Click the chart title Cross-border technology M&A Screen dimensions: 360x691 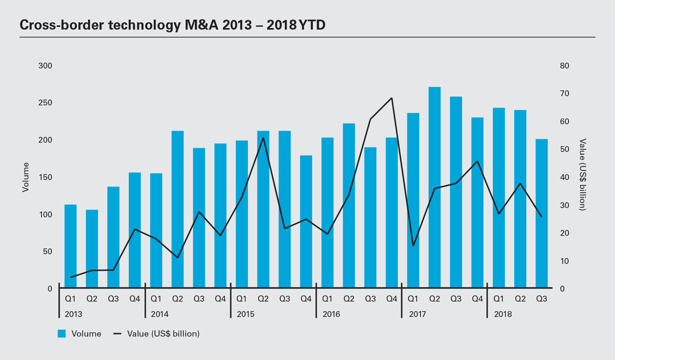point(172,25)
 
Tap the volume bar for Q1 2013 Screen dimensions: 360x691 point(70,246)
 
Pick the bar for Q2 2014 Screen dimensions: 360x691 point(178,209)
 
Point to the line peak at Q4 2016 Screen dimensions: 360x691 point(391,98)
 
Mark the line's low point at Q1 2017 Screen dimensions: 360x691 point(413,245)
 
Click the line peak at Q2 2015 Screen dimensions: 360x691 point(263,138)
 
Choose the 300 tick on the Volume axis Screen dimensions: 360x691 point(45,66)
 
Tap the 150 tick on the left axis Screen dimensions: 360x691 point(45,177)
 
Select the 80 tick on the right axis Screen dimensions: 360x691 point(564,66)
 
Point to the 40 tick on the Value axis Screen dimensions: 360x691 point(564,177)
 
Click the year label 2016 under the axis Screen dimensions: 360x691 point(331,314)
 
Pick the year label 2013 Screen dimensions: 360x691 point(73,314)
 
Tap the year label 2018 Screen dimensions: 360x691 point(503,314)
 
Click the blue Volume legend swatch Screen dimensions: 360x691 point(62,334)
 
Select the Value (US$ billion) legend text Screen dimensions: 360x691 point(163,334)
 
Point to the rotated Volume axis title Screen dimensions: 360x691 point(26,177)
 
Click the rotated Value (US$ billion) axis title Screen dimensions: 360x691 point(583,175)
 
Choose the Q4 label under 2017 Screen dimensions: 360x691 point(477,299)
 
